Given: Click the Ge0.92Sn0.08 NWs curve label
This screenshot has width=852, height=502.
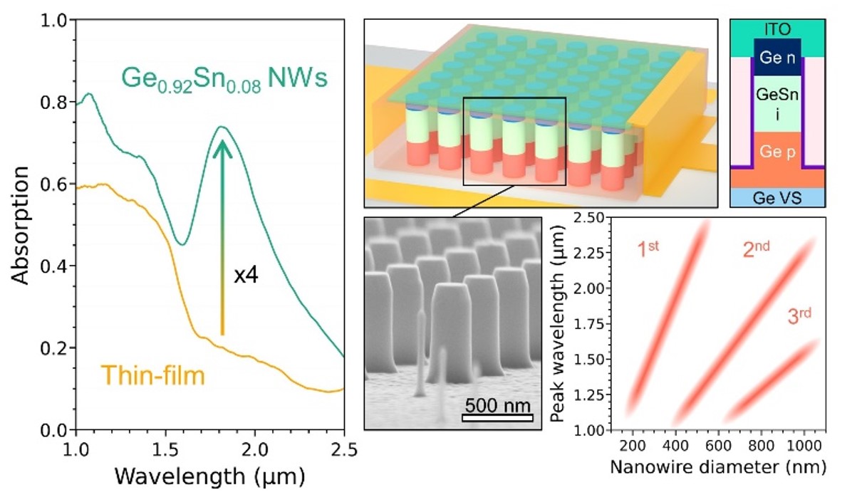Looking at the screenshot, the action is [x=224, y=79].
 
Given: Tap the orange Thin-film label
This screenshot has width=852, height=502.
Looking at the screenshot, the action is [x=153, y=375].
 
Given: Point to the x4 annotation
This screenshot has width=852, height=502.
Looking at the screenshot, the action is [x=246, y=276].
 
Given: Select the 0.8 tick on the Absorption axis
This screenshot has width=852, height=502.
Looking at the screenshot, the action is [x=54, y=102].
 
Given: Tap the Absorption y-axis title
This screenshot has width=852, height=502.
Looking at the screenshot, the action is [x=20, y=226].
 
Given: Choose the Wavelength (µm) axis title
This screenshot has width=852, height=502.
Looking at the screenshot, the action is [x=209, y=476].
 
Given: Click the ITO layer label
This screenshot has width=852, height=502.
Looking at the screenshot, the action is [x=778, y=28].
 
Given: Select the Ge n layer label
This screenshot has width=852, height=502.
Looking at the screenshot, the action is [x=778, y=57].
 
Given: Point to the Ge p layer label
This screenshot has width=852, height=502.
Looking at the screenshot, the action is [x=778, y=152].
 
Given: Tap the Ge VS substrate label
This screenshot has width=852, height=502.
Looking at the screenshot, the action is [x=777, y=198].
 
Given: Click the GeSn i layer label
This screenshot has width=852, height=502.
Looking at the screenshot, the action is [x=778, y=104].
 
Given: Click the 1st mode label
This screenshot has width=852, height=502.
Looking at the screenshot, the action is [x=648, y=249].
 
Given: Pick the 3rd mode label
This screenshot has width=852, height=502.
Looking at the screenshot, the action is [x=799, y=315].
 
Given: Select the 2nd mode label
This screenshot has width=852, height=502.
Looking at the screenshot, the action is [x=757, y=249].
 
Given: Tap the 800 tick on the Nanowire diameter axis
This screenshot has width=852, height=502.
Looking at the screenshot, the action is [x=762, y=446].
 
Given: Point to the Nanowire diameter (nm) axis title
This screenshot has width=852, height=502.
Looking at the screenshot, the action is [x=718, y=466].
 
